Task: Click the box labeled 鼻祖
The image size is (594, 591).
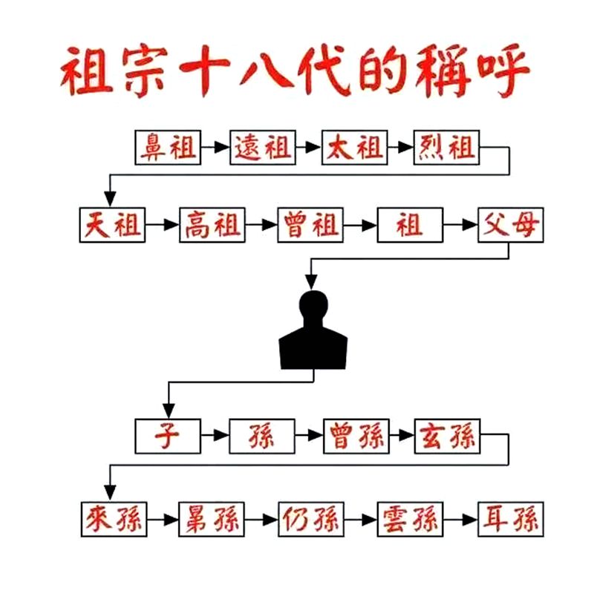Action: tap(168, 147)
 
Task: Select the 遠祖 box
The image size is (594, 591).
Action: tap(263, 147)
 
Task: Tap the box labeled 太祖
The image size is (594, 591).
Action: tap(355, 147)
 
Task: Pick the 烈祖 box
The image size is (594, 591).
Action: tap(447, 147)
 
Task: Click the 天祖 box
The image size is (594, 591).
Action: tap(112, 225)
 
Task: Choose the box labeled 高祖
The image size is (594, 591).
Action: tap(212, 225)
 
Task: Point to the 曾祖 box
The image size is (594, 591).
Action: tap(310, 225)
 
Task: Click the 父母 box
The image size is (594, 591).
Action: tap(511, 225)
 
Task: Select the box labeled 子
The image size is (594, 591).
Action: tap(168, 436)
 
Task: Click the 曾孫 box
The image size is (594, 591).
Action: tap(356, 436)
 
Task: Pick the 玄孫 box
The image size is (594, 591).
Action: tap(448, 436)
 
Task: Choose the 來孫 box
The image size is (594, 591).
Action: tap(114, 520)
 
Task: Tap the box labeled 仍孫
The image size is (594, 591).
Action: tap(311, 520)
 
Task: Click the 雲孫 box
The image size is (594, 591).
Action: tap(411, 520)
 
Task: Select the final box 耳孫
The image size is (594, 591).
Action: tap(511, 520)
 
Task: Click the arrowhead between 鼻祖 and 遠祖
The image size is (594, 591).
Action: tap(222, 147)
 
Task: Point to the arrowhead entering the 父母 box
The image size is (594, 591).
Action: tap(470, 225)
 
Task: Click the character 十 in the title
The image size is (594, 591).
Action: tap(205, 70)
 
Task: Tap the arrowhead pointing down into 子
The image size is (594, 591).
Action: tap(169, 411)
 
